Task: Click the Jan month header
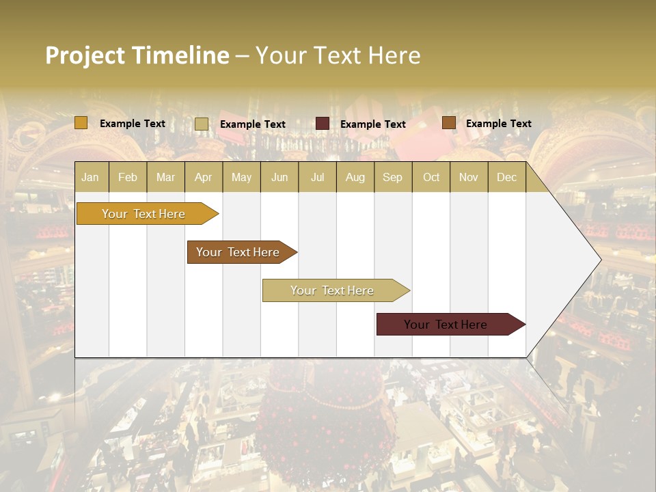91,177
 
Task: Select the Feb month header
128,177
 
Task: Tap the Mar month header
165,177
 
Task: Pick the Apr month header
204,177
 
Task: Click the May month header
241,177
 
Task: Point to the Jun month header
279,177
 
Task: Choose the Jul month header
317,177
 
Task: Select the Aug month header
355,177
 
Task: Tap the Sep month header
393,177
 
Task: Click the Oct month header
431,177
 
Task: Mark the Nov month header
469,177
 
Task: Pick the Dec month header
507,177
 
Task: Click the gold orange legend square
81,123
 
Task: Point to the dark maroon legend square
323,124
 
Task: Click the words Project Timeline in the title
137,55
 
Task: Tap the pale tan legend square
202,124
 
